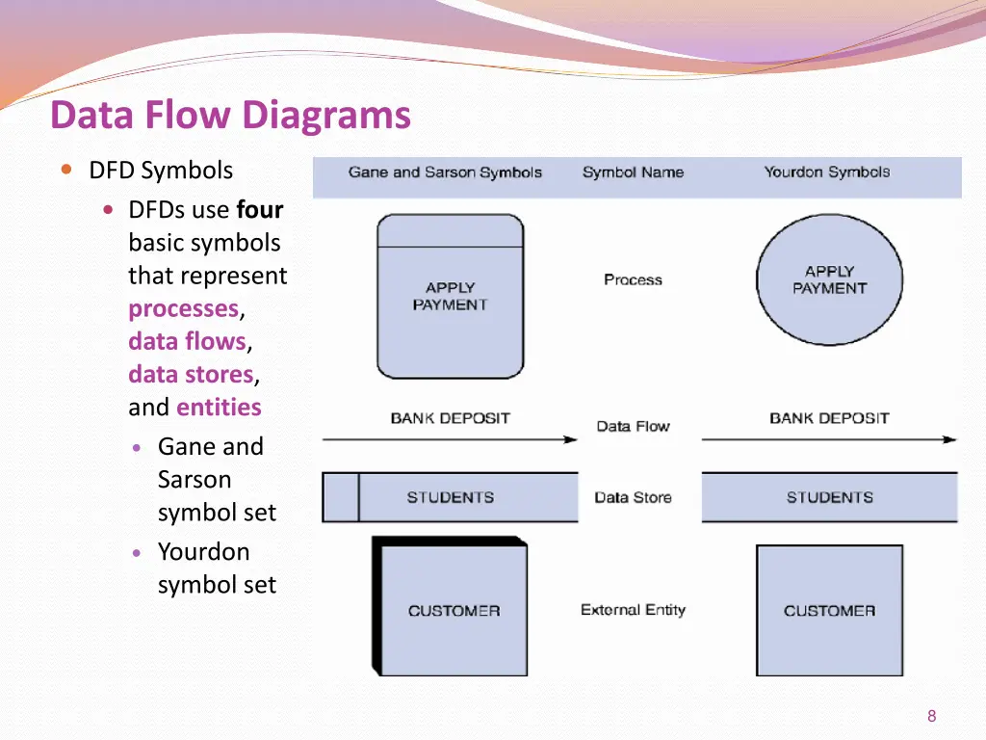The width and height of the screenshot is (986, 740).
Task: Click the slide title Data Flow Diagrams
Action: tap(230, 116)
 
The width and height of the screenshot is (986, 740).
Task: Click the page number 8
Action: tap(931, 716)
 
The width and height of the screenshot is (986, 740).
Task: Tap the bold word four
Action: tap(260, 210)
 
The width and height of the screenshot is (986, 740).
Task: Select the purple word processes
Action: tap(183, 308)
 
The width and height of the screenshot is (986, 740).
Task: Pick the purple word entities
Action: tap(219, 407)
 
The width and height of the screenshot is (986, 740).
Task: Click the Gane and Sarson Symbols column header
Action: tap(445, 172)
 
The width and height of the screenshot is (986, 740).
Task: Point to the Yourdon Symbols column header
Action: tap(827, 172)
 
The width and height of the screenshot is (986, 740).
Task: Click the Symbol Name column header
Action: tap(633, 172)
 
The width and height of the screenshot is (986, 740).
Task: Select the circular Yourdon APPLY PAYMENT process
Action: tap(829, 279)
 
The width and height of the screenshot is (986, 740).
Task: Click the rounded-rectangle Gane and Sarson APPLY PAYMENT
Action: tap(450, 296)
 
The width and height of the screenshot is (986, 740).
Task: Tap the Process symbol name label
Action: tap(633, 279)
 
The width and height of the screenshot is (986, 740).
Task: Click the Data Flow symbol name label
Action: tap(633, 426)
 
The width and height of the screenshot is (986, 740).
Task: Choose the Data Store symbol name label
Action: tap(633, 497)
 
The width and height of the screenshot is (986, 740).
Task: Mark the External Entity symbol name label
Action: tap(633, 610)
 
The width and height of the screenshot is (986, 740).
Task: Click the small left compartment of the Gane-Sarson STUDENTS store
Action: tap(340, 497)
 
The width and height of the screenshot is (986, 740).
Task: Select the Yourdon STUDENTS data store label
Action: tap(829, 497)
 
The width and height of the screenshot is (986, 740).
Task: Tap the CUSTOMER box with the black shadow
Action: tap(454, 610)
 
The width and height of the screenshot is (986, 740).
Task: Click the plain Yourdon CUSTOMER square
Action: tap(829, 610)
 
